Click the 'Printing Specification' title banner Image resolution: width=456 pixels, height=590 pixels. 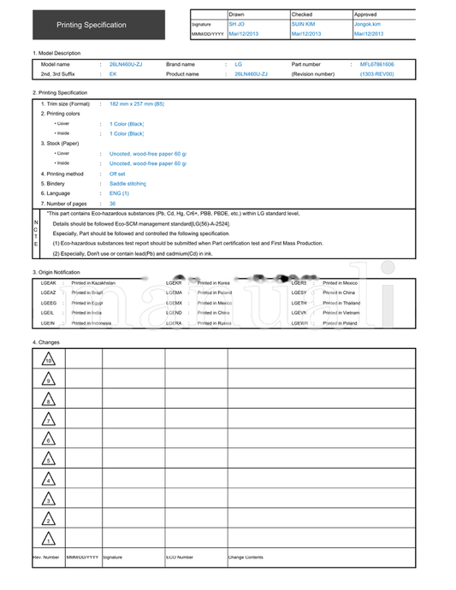[92, 25]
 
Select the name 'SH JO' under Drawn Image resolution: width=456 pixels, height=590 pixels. [237, 24]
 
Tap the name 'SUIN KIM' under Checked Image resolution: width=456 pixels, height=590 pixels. [303, 24]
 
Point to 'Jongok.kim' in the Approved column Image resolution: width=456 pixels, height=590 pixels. [367, 24]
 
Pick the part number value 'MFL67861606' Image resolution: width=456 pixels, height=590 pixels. [376, 64]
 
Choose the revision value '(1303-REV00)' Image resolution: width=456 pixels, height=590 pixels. [376, 74]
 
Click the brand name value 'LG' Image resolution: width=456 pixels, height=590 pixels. [239, 64]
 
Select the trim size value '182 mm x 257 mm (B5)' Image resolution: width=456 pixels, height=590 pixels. [137, 103]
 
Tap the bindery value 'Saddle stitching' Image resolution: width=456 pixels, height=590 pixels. [128, 184]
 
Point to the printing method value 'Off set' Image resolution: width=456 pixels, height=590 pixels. [117, 174]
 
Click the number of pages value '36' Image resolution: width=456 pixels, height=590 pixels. [113, 204]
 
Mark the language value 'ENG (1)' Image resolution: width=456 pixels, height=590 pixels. [119, 193]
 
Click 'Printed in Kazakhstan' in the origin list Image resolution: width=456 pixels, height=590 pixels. [93, 282]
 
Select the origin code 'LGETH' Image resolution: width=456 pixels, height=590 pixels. [299, 303]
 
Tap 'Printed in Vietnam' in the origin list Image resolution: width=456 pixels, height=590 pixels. [341, 313]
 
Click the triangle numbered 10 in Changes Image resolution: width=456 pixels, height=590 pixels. [49, 360]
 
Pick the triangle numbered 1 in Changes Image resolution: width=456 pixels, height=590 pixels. [49, 540]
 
